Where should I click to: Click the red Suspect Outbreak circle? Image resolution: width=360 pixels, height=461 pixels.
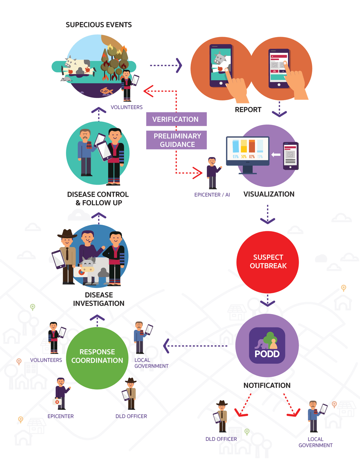click(267, 262)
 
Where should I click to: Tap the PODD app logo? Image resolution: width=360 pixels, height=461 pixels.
click(267, 345)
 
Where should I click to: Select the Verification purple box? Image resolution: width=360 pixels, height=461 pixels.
click(176, 119)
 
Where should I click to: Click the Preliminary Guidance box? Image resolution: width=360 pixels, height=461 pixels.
click(176, 140)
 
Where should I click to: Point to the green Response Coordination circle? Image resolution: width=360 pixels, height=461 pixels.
click(97, 358)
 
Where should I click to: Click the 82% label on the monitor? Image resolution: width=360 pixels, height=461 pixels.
click(252, 157)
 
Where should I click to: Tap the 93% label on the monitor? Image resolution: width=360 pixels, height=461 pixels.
click(236, 157)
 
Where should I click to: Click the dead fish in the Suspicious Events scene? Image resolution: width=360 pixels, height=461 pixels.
click(107, 91)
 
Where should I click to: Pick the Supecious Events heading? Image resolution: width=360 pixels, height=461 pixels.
click(99, 24)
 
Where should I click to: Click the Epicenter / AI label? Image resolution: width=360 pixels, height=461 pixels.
click(212, 195)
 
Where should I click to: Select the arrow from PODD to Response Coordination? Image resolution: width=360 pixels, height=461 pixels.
click(195, 346)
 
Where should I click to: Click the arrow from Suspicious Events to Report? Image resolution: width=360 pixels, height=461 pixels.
click(166, 65)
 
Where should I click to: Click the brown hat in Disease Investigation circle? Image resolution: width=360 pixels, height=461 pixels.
click(67, 234)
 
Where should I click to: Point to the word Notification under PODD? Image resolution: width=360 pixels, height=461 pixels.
click(267, 385)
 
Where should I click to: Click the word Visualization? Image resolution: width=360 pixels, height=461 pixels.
click(269, 194)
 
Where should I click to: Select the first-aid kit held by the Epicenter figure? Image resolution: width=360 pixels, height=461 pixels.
click(57, 402)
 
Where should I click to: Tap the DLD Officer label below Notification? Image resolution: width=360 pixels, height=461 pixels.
click(221, 439)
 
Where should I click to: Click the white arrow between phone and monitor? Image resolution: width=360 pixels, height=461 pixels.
click(276, 155)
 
